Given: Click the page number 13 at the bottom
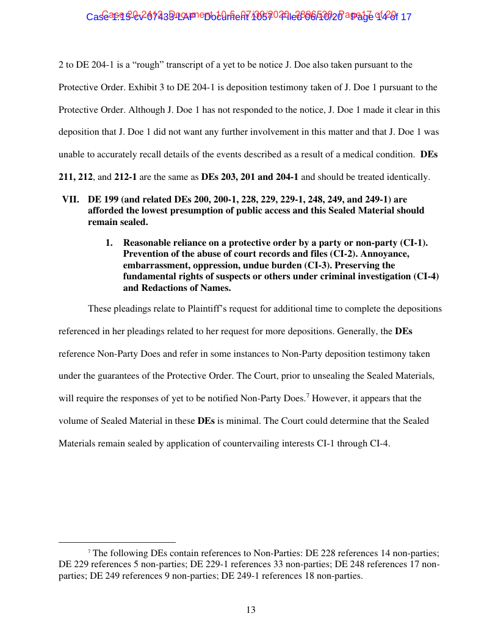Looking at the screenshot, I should click(250, 610).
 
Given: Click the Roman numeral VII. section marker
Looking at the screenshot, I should click(71, 199).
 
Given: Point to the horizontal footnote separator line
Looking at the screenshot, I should click(117, 541).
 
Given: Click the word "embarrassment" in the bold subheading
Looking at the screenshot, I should click(154, 265).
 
